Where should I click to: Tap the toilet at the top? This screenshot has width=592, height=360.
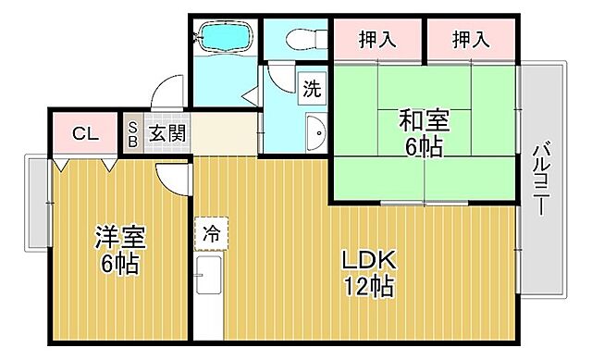pyautogui.click(x=298, y=38)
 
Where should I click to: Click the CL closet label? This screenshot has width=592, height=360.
pyautogui.click(x=84, y=133)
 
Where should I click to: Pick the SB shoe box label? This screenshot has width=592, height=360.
pyautogui.click(x=132, y=133)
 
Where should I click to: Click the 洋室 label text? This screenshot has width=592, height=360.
pyautogui.click(x=119, y=237)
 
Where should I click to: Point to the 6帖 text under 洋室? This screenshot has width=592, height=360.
pyautogui.click(x=119, y=264)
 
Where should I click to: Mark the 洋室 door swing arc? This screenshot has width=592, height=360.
pyautogui.click(x=171, y=177)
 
